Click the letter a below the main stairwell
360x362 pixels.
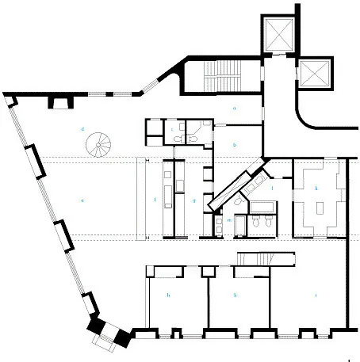235,106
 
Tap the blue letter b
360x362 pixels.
235,145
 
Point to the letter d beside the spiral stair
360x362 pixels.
82,128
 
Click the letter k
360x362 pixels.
317,189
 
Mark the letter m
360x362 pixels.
228,219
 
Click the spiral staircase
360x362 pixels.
101,144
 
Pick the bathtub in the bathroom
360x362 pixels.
262,208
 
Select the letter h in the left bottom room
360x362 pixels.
169,295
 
